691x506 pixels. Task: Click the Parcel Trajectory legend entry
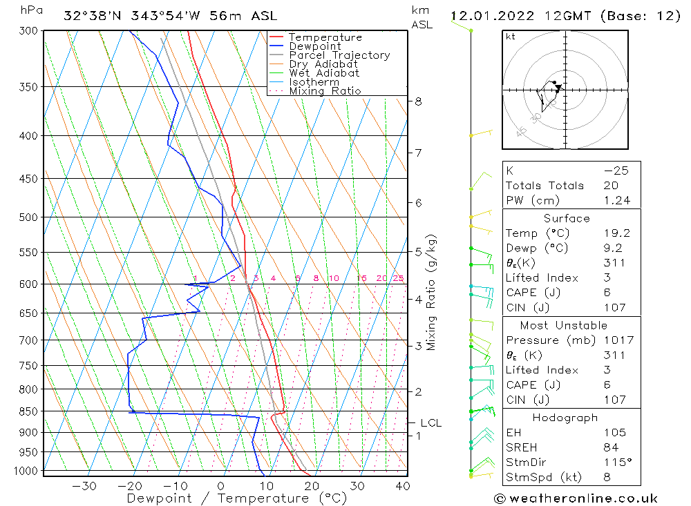point(339,55)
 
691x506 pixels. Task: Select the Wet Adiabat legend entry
point(324,73)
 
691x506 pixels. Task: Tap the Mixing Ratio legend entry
point(325,91)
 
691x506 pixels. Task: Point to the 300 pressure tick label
point(28,31)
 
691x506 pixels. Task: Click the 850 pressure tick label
point(28,411)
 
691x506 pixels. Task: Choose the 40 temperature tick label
point(402,486)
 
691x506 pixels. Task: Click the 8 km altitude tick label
point(418,101)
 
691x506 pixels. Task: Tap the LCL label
point(430,422)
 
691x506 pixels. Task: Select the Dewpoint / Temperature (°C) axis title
point(236,498)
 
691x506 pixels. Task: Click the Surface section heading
point(567,219)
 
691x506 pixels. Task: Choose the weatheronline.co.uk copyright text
point(576,498)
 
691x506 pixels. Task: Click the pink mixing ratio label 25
point(398,279)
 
